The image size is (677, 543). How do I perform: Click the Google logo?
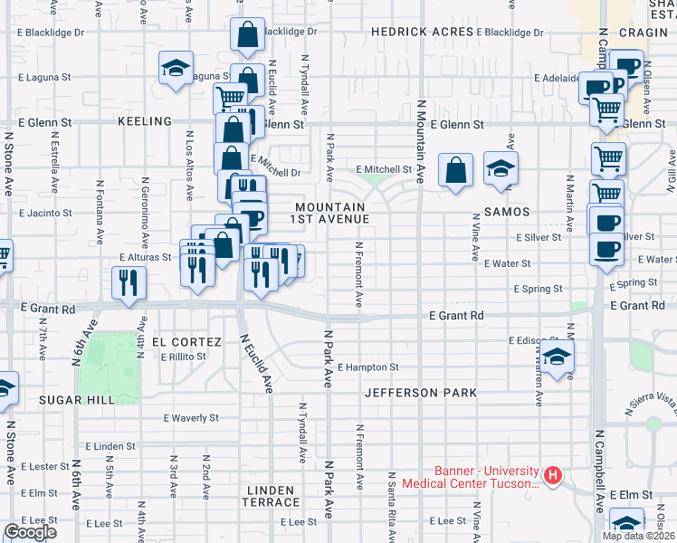pos(30,532)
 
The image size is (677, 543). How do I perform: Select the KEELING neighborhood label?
pos(145,121)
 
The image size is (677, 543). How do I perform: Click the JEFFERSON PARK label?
pos(421,393)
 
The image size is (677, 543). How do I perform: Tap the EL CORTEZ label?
pos(186,342)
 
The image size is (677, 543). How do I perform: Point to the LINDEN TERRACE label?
pos(270,496)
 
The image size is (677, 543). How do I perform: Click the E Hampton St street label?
pos(367,367)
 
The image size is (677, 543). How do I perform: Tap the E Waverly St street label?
pos(191,418)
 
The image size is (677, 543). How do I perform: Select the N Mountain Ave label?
pos(421,141)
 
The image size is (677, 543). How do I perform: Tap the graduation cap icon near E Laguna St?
pos(176,68)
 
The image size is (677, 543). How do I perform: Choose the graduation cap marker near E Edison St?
pos(558,356)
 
